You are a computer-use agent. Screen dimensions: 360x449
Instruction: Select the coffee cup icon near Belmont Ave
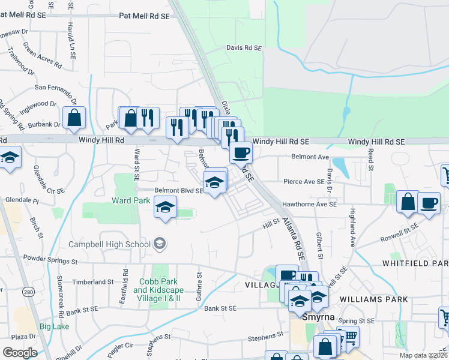[x=241, y=153]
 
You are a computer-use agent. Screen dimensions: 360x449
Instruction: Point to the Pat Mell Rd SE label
[x=145, y=16]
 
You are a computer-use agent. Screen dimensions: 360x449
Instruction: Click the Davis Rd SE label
[x=244, y=47]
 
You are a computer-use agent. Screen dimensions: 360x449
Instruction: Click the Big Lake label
[x=55, y=326]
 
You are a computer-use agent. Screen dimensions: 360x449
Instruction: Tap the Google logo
[x=20, y=353]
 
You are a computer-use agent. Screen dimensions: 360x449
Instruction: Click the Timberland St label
[x=93, y=281]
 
